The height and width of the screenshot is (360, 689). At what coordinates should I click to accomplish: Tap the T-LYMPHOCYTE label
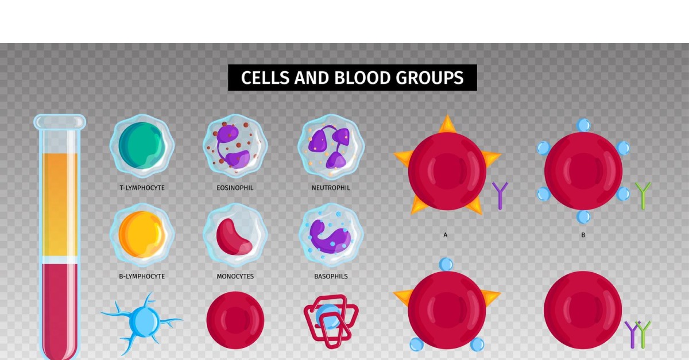click(142, 188)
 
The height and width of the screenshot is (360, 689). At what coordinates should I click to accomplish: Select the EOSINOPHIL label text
click(235, 188)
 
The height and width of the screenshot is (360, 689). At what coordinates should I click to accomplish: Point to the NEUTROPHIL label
click(331, 188)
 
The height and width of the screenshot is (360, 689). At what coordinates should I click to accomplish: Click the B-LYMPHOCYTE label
click(142, 276)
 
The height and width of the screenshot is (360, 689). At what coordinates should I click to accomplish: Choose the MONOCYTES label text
click(235, 276)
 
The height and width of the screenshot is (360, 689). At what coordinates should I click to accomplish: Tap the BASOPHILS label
click(331, 276)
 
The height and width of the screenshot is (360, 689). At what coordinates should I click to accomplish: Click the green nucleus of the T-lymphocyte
click(141, 145)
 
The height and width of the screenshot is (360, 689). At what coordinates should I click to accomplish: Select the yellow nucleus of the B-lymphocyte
click(142, 234)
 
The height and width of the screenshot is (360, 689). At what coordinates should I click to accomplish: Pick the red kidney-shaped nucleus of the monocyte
click(233, 238)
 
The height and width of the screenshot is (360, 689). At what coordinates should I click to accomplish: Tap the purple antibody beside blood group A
click(500, 196)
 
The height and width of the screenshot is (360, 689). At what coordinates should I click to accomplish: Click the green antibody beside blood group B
click(643, 196)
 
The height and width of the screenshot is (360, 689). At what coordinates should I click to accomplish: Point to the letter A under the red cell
click(445, 235)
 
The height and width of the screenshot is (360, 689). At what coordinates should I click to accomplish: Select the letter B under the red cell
click(583, 235)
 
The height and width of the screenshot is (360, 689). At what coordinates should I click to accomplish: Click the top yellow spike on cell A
click(447, 125)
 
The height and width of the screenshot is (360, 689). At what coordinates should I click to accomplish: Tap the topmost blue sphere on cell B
click(583, 125)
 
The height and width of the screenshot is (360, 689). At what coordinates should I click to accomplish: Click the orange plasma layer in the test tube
click(60, 204)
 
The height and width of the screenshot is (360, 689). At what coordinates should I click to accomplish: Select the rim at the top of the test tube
click(60, 122)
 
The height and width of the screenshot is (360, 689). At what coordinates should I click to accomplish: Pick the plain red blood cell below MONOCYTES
click(235, 320)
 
